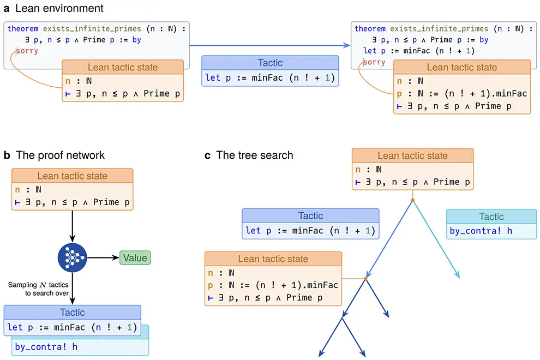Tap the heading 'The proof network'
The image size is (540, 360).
click(x=60, y=155)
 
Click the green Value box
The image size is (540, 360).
click(x=135, y=257)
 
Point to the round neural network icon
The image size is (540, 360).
click(x=72, y=257)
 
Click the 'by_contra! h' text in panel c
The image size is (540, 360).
click(x=481, y=231)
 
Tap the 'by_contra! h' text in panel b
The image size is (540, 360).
click(x=46, y=346)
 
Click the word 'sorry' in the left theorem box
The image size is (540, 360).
click(x=27, y=51)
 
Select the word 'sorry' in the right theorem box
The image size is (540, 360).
click(x=374, y=62)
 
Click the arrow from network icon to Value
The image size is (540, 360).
click(x=104, y=257)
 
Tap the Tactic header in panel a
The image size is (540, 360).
click(x=270, y=63)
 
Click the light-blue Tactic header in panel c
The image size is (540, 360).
click(x=491, y=217)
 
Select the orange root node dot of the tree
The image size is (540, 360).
click(x=412, y=201)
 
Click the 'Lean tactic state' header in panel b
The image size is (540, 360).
click(x=72, y=176)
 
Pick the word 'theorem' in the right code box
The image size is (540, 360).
click(x=370, y=28)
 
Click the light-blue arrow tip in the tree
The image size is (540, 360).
click(x=459, y=277)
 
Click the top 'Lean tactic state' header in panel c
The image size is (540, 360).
click(x=412, y=156)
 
